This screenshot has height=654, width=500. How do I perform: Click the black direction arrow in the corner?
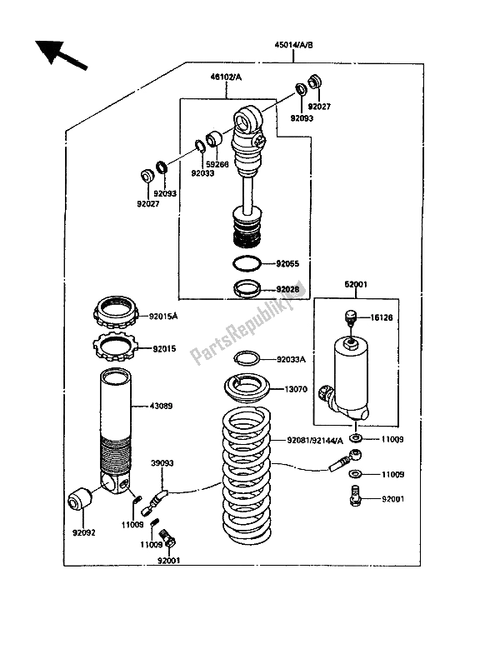pyautogui.click(x=61, y=54)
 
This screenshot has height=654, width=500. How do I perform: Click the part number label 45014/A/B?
pyautogui.click(x=293, y=45)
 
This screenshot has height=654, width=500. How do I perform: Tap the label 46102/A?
pyautogui.click(x=226, y=77)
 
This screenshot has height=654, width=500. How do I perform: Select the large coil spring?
pyautogui.click(x=246, y=477)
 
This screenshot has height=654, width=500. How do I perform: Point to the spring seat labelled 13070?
pyautogui.click(x=247, y=389)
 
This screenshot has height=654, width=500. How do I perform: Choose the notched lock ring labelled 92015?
pyautogui.click(x=114, y=347)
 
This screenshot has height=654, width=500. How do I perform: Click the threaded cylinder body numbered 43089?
pyautogui.click(x=116, y=431)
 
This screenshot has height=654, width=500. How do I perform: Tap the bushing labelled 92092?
pyautogui.click(x=80, y=498)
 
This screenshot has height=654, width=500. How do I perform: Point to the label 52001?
pyautogui.click(x=356, y=284)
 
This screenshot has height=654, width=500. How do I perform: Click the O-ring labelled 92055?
pyautogui.click(x=247, y=263)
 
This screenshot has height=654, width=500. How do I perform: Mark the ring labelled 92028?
pyautogui.click(x=247, y=288)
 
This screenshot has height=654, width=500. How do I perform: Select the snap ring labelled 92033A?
pyautogui.click(x=247, y=357)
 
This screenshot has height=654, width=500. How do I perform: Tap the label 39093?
pyautogui.click(x=162, y=463)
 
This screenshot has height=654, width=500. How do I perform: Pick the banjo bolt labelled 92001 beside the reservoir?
pyautogui.click(x=354, y=497)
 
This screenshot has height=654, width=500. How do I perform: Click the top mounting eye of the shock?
pyautogui.click(x=247, y=120)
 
